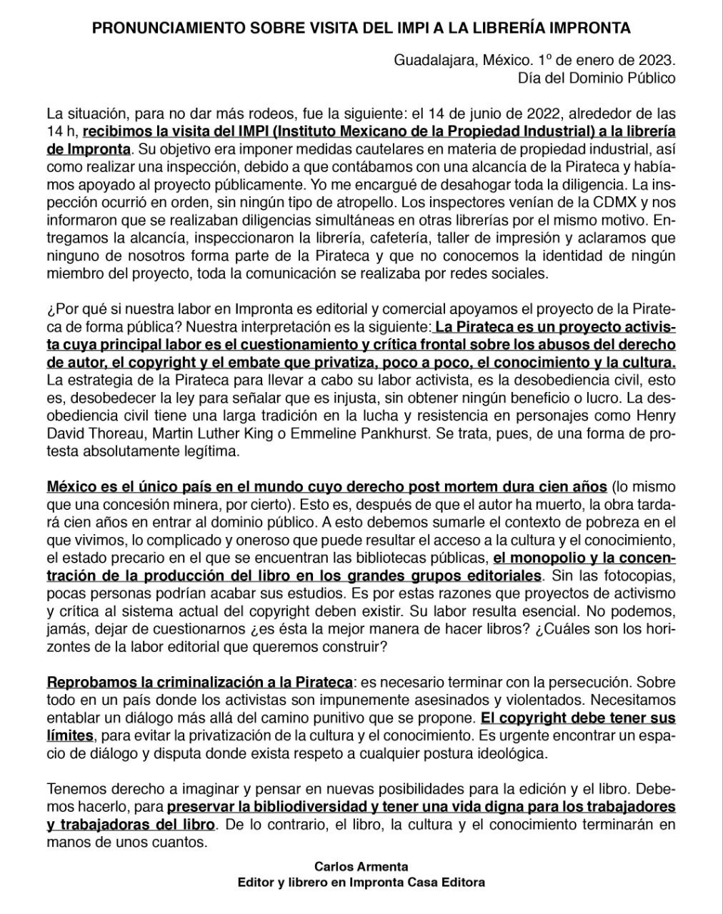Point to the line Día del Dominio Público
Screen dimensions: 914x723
coord(597,77)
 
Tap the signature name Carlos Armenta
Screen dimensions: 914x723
coord(361,867)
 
